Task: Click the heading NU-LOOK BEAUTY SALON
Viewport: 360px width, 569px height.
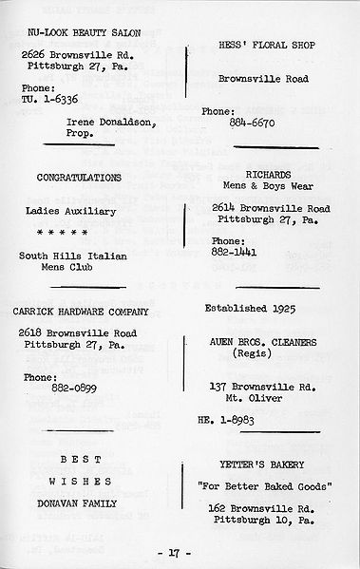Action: pyautogui.click(x=85, y=32)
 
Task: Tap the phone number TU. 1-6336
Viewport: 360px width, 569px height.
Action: pyautogui.click(x=50, y=98)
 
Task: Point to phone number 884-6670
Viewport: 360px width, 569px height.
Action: pyautogui.click(x=253, y=123)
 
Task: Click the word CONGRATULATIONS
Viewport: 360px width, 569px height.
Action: pyautogui.click(x=79, y=178)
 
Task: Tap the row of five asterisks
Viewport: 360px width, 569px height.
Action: pyautogui.click(x=63, y=233)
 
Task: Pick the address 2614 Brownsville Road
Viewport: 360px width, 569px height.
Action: pyautogui.click(x=271, y=209)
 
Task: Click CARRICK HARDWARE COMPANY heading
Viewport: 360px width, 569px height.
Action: pyautogui.click(x=85, y=310)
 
